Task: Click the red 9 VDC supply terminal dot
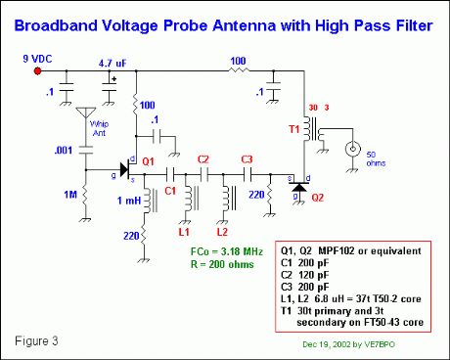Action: pos(38,71)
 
